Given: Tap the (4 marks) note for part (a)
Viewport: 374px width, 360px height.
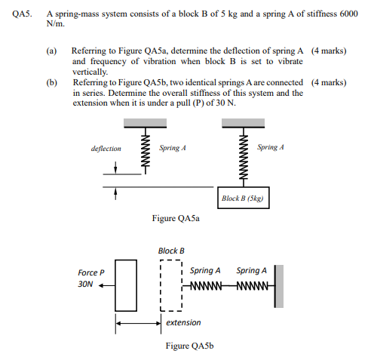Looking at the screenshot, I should (329, 51).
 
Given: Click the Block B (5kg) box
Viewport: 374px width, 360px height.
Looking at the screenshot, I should (247, 198).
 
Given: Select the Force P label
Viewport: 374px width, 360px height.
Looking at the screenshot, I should (91, 272).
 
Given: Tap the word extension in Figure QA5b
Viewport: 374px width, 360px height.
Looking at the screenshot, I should (183, 322).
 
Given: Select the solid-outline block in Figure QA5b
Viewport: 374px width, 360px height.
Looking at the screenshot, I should (126, 285).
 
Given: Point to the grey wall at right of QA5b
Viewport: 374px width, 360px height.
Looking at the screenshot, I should (279, 285).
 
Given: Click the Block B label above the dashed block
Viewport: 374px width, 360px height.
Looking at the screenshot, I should (171, 251).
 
